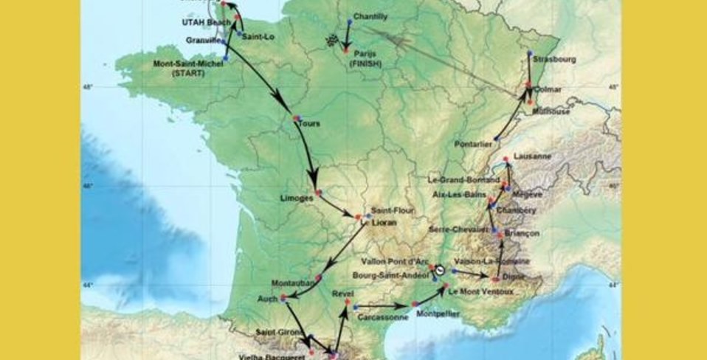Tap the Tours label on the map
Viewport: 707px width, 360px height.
(x=309, y=123)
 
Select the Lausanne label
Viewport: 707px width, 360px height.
(x=534, y=156)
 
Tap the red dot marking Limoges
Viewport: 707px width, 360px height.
(x=318, y=193)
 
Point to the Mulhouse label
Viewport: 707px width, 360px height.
(x=551, y=111)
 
